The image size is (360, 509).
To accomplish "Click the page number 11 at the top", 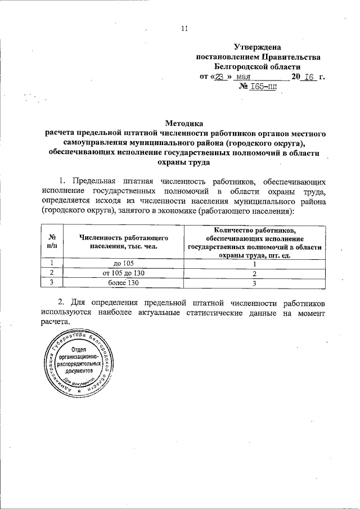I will point(183,29).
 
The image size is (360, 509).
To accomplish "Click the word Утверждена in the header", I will point(258,47).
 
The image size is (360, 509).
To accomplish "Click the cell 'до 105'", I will point(124,263).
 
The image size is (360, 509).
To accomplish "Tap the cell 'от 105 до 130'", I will point(124,273).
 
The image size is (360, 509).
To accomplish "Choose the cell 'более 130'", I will point(124,282).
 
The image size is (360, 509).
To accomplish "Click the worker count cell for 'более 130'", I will point(254,283).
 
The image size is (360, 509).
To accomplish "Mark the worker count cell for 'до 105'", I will point(254,263).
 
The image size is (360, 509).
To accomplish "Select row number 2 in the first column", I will point(52,273).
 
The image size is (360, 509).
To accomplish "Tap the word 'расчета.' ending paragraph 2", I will point(55,322).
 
